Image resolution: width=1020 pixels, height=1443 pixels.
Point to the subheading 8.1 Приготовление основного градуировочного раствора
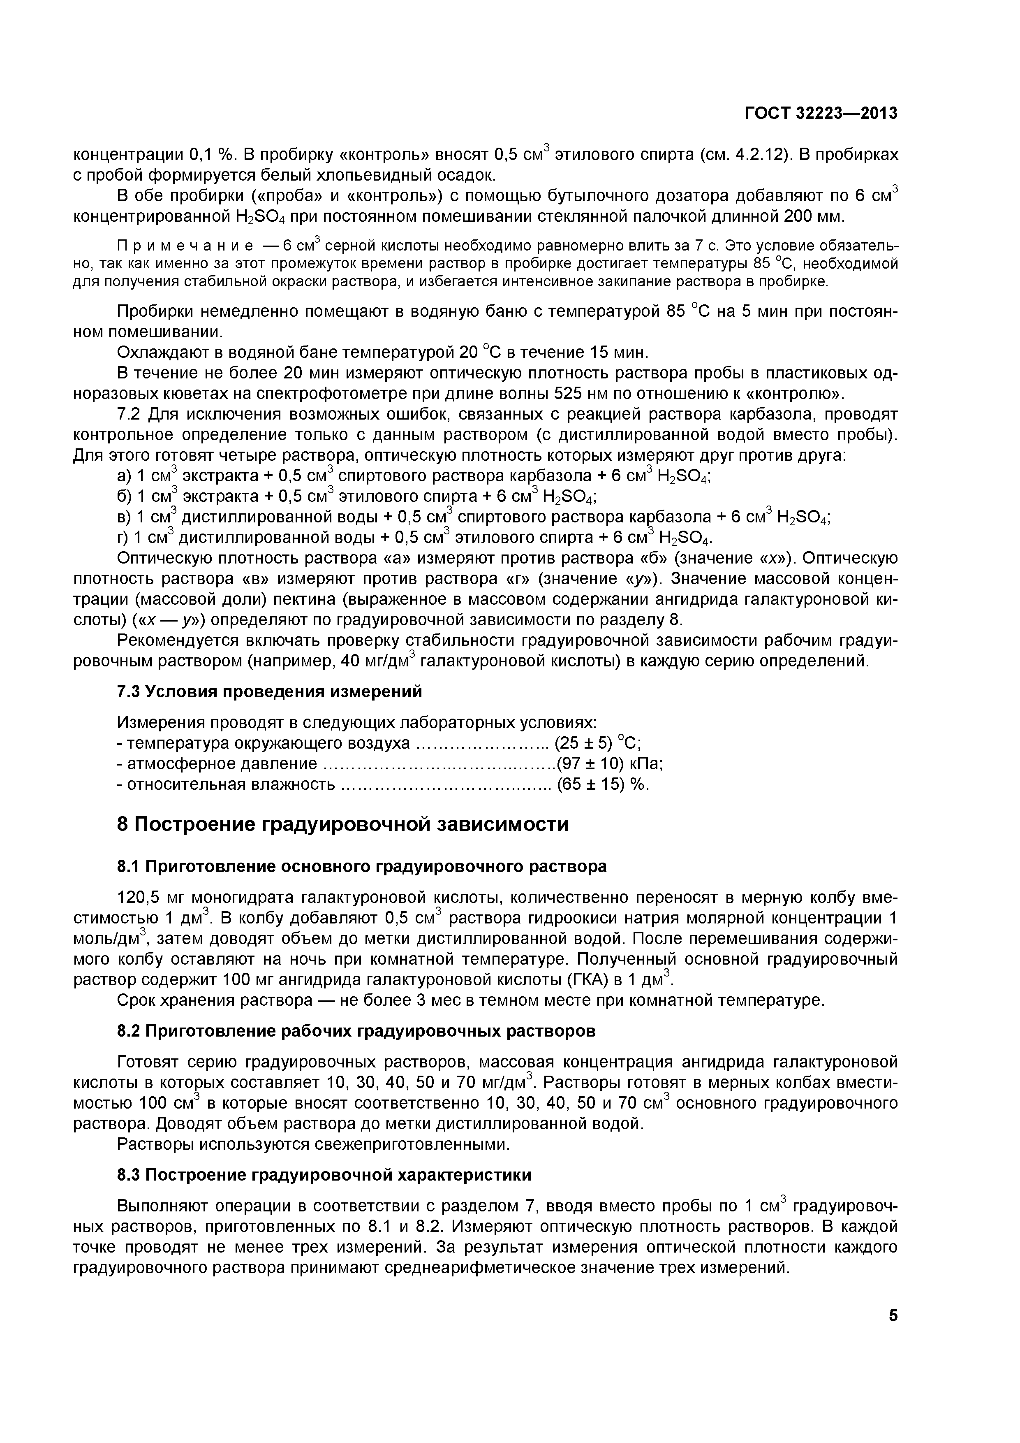pyautogui.click(x=362, y=867)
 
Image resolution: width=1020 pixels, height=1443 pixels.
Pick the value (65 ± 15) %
pyautogui.click(x=603, y=784)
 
